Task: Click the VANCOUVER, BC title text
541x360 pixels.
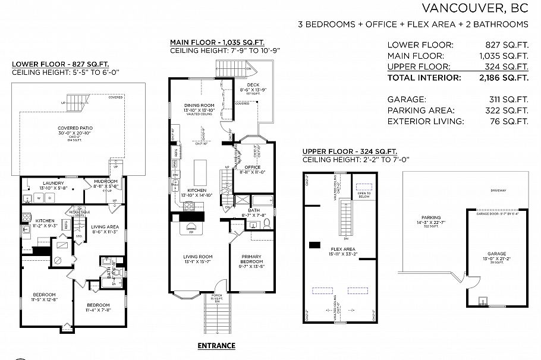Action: (474, 8)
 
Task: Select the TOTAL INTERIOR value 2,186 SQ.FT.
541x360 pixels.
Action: (504, 78)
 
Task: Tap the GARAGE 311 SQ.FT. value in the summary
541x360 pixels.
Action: (506, 100)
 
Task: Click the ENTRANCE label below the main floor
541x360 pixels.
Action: (216, 346)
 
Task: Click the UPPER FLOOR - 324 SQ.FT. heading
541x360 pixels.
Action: (350, 151)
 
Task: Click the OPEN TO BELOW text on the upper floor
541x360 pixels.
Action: (364, 194)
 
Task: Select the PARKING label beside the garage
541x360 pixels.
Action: (431, 217)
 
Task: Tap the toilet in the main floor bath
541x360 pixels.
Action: (267, 223)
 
